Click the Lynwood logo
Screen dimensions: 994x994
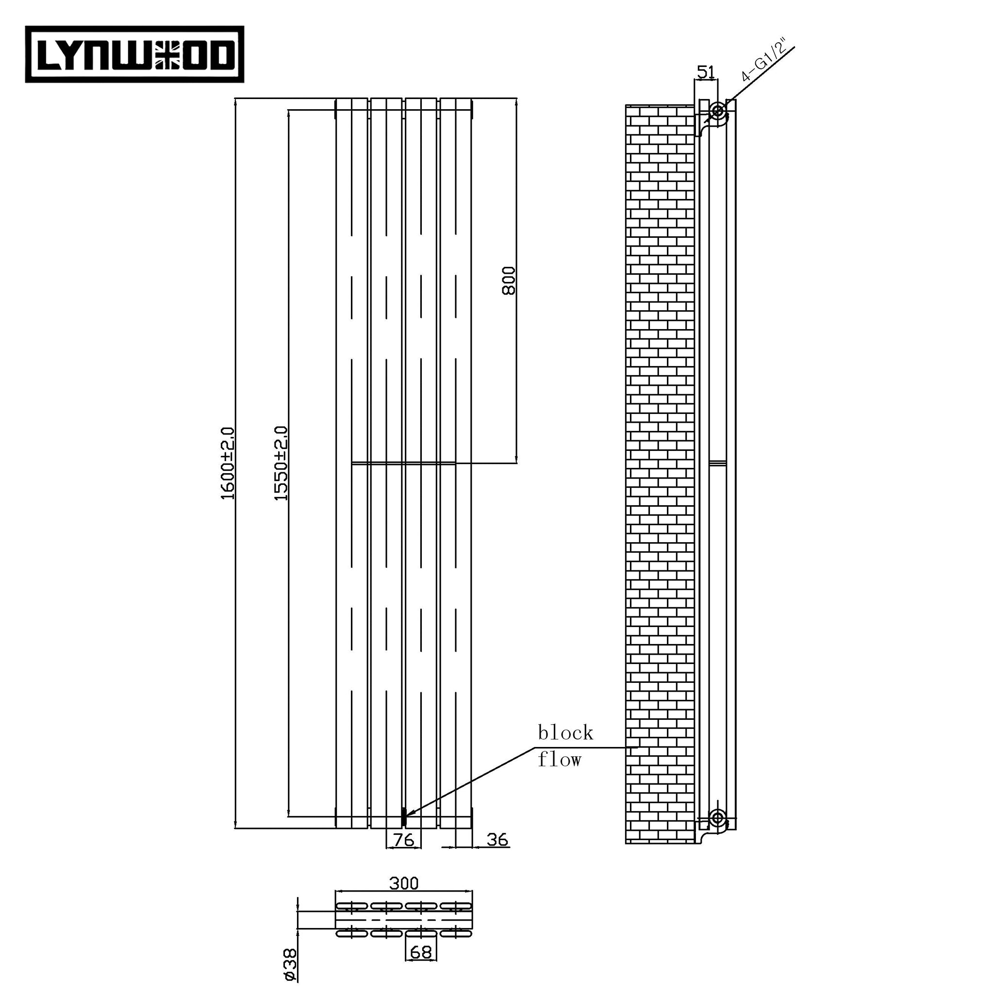[135, 54]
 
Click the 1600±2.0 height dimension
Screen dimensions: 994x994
[228, 463]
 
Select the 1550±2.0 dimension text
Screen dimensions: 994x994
[281, 463]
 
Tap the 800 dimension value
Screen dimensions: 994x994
[508, 281]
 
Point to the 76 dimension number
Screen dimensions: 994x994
[403, 840]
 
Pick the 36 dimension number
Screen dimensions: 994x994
[497, 840]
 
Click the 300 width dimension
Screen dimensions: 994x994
[404, 883]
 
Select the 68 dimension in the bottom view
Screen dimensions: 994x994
[421, 952]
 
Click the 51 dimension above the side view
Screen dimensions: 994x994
[705, 72]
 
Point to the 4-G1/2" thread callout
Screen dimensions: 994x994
[764, 60]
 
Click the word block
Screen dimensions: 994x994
[565, 733]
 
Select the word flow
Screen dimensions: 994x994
[559, 760]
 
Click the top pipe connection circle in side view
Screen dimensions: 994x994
[717, 110]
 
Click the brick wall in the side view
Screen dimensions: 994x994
[660, 463]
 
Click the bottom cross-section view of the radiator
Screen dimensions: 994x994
[404, 919]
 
